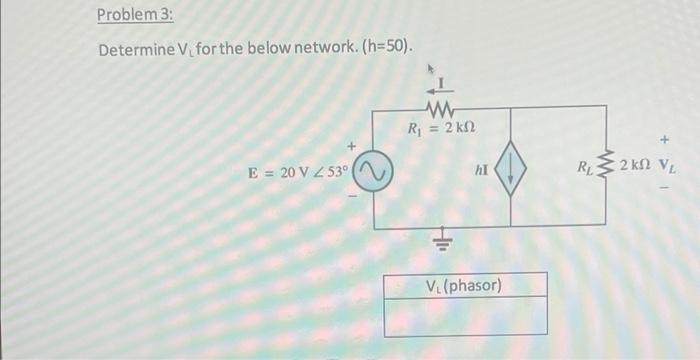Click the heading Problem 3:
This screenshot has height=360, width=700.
coord(131,16)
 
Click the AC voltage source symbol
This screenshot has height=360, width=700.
coord(374,173)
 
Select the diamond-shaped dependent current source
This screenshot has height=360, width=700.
coord(512,173)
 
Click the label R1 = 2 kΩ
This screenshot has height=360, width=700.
coord(441,128)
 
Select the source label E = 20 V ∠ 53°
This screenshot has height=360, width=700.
coord(299,172)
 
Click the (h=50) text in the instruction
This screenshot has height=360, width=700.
coord(386,49)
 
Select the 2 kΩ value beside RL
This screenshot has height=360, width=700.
coord(637,165)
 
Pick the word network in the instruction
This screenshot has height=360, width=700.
coord(333,49)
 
